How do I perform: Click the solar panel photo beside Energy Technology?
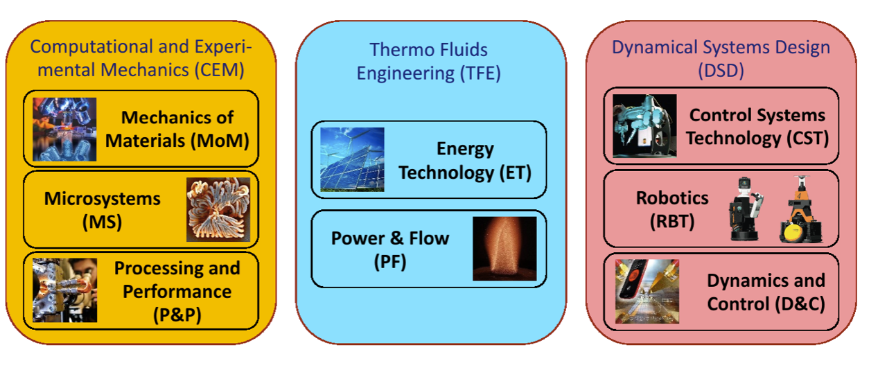352,159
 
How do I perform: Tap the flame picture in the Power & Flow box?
504,248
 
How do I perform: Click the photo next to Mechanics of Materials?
64,130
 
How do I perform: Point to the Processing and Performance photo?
64,290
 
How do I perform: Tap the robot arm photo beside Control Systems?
644,126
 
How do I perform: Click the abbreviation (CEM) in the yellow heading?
221,69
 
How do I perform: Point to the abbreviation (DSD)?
721,71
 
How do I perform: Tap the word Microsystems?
103,199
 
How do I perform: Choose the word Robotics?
672,198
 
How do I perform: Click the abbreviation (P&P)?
177,313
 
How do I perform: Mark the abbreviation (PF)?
391,261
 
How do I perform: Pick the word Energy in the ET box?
465,149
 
